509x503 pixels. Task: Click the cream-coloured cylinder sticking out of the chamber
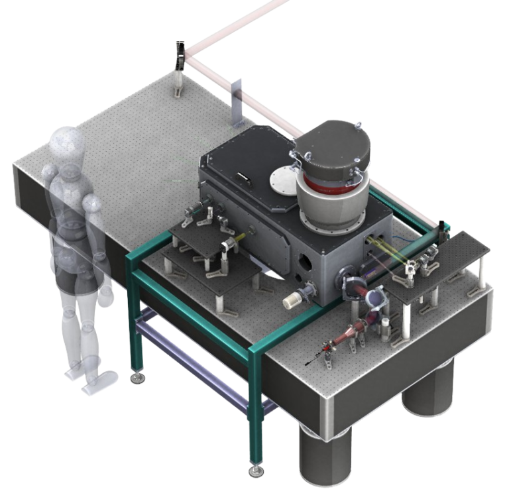[291, 302]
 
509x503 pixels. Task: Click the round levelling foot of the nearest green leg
[255, 472]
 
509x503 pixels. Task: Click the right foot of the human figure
[99, 382]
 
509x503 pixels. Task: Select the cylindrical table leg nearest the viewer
[323, 457]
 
